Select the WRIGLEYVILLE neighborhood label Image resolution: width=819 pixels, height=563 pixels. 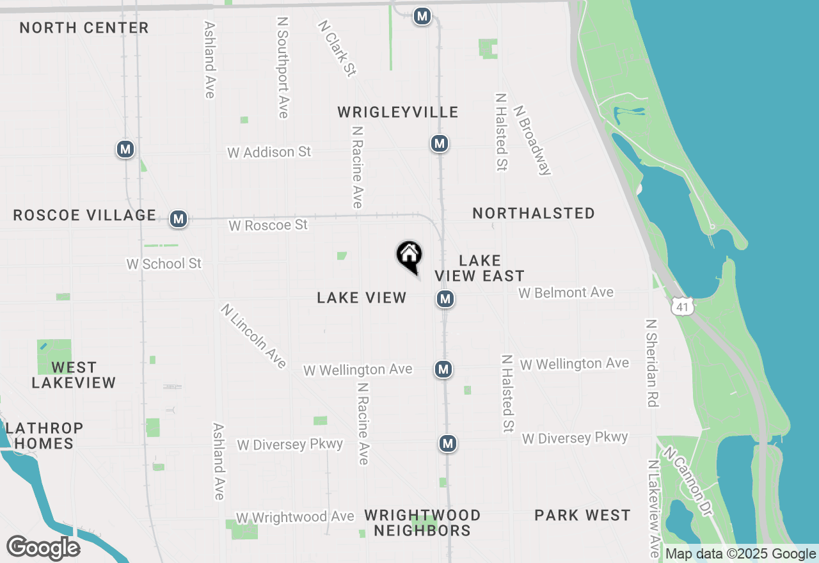[398, 113]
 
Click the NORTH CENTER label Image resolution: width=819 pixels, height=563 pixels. [84, 28]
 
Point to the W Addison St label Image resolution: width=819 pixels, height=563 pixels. [269, 152]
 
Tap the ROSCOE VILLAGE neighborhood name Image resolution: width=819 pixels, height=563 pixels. [84, 215]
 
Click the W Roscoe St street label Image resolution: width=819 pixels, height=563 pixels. [268, 225]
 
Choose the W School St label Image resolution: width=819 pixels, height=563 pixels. [164, 264]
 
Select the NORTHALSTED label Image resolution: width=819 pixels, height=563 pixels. [534, 213]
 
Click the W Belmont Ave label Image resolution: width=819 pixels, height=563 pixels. [566, 292]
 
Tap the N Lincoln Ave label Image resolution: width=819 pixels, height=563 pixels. [253, 336]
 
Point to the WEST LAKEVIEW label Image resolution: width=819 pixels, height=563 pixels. [74, 375]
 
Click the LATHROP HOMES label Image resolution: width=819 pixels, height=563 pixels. [44, 435]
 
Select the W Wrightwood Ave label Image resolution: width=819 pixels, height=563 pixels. [295, 517]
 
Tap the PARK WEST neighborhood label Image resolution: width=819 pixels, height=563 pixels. [582, 515]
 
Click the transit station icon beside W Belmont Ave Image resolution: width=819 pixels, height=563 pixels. [446, 299]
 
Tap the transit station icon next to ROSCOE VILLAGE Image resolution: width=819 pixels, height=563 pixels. [179, 219]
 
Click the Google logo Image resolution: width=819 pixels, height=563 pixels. [43, 548]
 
